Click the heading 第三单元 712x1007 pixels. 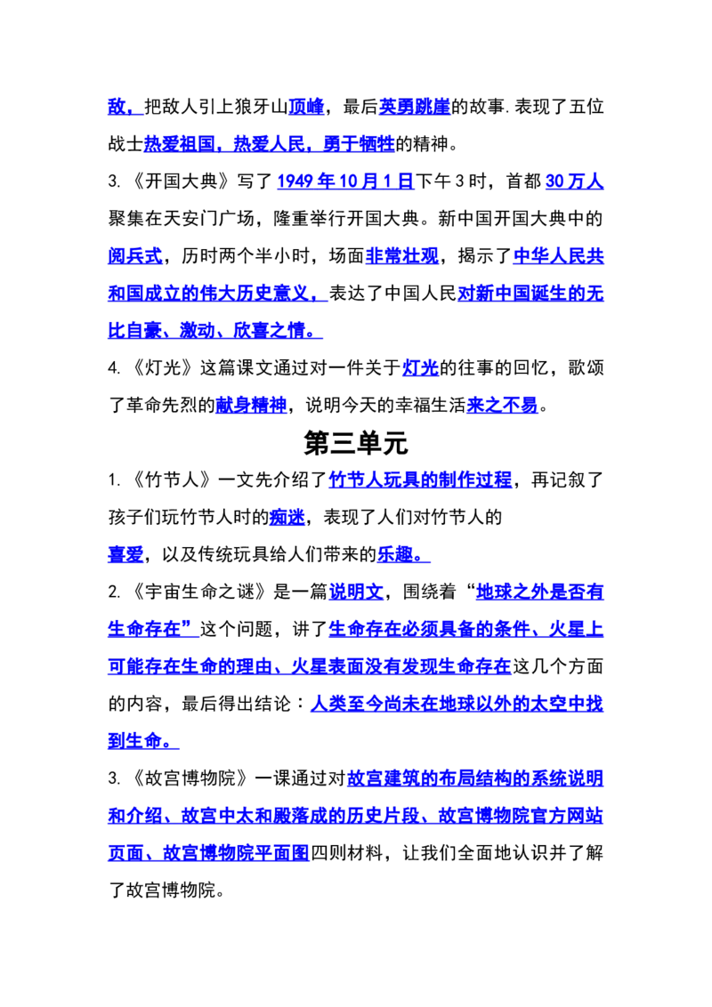tap(355, 443)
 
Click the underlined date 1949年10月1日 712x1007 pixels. tap(345, 181)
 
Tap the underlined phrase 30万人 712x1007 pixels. tap(574, 181)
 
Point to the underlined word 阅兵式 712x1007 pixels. tap(135, 256)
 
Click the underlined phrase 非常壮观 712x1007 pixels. tap(402, 256)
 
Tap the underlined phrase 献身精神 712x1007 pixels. tap(251, 406)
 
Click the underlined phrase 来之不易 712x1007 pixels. tap(503, 406)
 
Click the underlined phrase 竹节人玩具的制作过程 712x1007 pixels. tap(420, 479)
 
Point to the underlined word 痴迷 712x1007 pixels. tap(287, 517)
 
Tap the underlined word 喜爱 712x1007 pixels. tap(126, 554)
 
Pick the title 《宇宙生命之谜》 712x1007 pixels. tap(199, 592)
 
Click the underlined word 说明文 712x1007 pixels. tap(356, 592)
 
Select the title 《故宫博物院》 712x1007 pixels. tap(190, 778)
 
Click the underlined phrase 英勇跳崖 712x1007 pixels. tap(415, 107)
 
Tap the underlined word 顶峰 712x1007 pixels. tap(306, 107)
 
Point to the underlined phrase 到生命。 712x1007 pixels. tap(143, 741)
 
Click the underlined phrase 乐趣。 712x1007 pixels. tap(403, 554)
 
